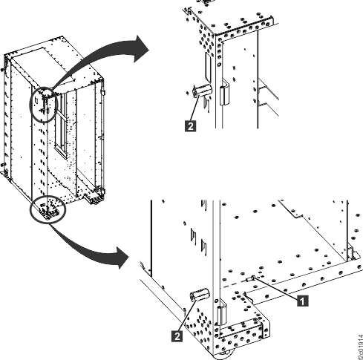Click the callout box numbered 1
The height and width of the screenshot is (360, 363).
[301, 301]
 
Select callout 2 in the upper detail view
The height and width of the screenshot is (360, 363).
[192, 127]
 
